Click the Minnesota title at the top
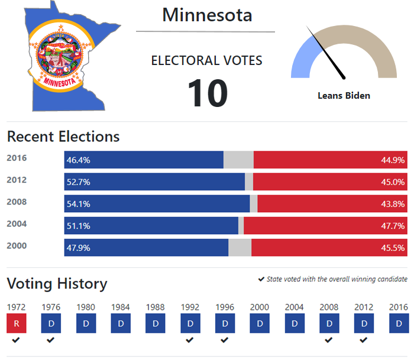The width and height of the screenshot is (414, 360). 207,15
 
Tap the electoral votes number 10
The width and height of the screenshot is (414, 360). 207,93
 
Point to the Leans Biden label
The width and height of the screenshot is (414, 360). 344,95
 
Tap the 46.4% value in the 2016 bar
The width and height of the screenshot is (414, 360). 78,160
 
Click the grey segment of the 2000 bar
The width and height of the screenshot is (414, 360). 240,248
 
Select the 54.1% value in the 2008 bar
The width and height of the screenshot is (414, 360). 78,204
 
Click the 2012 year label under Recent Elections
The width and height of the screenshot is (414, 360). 17,180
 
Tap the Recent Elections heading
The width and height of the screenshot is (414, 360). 63,137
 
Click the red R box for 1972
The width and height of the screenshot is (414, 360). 16,323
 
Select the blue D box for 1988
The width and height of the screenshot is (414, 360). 155,323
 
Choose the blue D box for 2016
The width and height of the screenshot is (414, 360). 399,323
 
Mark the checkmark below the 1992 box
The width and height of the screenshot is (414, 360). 190,340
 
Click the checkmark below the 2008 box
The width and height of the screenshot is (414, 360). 329,340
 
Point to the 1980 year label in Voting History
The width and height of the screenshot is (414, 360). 86,307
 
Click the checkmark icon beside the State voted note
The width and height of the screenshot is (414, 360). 261,279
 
